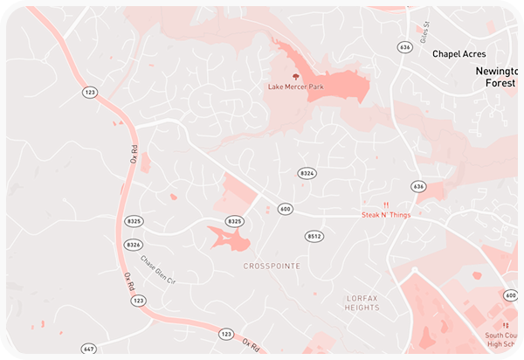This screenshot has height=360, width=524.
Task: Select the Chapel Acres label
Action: (459, 54)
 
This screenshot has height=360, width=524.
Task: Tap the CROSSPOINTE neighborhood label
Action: (272, 266)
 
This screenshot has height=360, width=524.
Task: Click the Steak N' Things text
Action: (384, 215)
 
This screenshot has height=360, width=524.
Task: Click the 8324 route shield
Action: (307, 174)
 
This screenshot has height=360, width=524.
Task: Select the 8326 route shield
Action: (134, 245)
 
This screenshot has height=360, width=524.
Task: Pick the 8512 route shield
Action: (314, 237)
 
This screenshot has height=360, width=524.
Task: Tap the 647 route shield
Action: (88, 349)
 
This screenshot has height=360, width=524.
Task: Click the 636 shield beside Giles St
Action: (403, 46)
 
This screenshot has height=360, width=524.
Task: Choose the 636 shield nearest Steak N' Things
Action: (418, 186)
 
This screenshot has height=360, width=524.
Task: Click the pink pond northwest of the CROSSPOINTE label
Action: (227, 237)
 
